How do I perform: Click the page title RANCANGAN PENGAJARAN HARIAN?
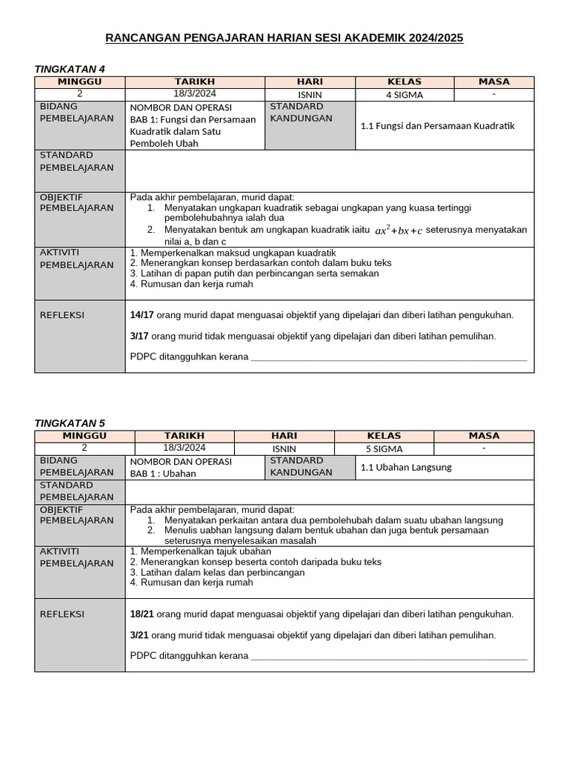point(284,38)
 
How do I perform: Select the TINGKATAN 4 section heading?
point(70,69)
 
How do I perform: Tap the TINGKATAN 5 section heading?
point(70,423)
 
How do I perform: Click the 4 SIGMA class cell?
point(404,95)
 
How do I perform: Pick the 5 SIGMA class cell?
point(384,448)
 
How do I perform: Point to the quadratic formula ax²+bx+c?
point(398,231)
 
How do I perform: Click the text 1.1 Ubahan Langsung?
point(405,467)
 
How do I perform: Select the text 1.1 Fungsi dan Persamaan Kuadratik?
point(437,125)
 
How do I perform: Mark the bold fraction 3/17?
point(139,336)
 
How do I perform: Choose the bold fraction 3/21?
point(139,635)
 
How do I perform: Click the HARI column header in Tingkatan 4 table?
point(310,82)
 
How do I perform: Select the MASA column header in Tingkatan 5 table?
point(484,436)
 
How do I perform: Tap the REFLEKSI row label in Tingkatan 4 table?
point(62,315)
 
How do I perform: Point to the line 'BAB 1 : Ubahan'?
point(163,474)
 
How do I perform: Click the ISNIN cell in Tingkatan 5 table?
point(284,448)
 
